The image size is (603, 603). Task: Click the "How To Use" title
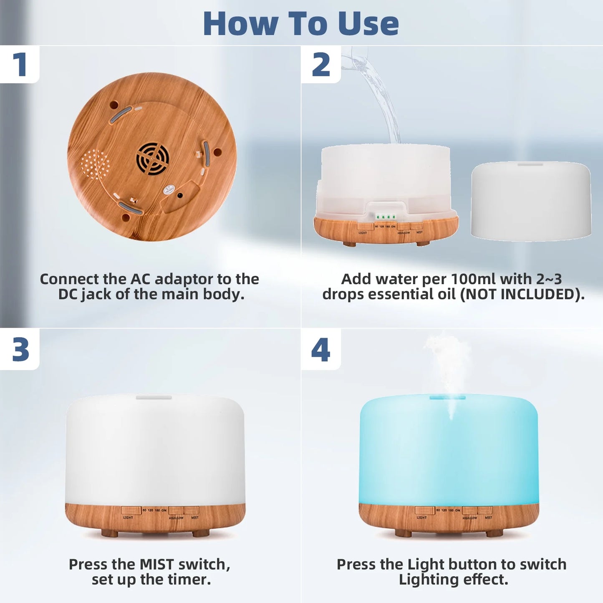click(x=301, y=23)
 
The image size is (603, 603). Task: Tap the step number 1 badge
click(x=19, y=65)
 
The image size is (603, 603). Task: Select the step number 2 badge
click(x=320, y=65)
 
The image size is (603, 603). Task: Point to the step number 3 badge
click(x=20, y=350)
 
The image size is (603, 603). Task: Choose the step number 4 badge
click(x=320, y=350)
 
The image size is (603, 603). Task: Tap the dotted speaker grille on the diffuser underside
click(x=95, y=164)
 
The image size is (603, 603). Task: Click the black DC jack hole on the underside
click(x=180, y=195)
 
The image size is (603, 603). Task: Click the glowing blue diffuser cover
click(x=449, y=451)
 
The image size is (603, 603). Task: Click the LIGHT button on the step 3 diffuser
click(x=131, y=510)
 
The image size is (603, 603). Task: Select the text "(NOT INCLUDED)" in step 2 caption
click(x=522, y=294)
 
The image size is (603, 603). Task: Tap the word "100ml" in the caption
click(x=474, y=279)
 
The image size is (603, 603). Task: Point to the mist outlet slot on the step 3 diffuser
click(x=154, y=398)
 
